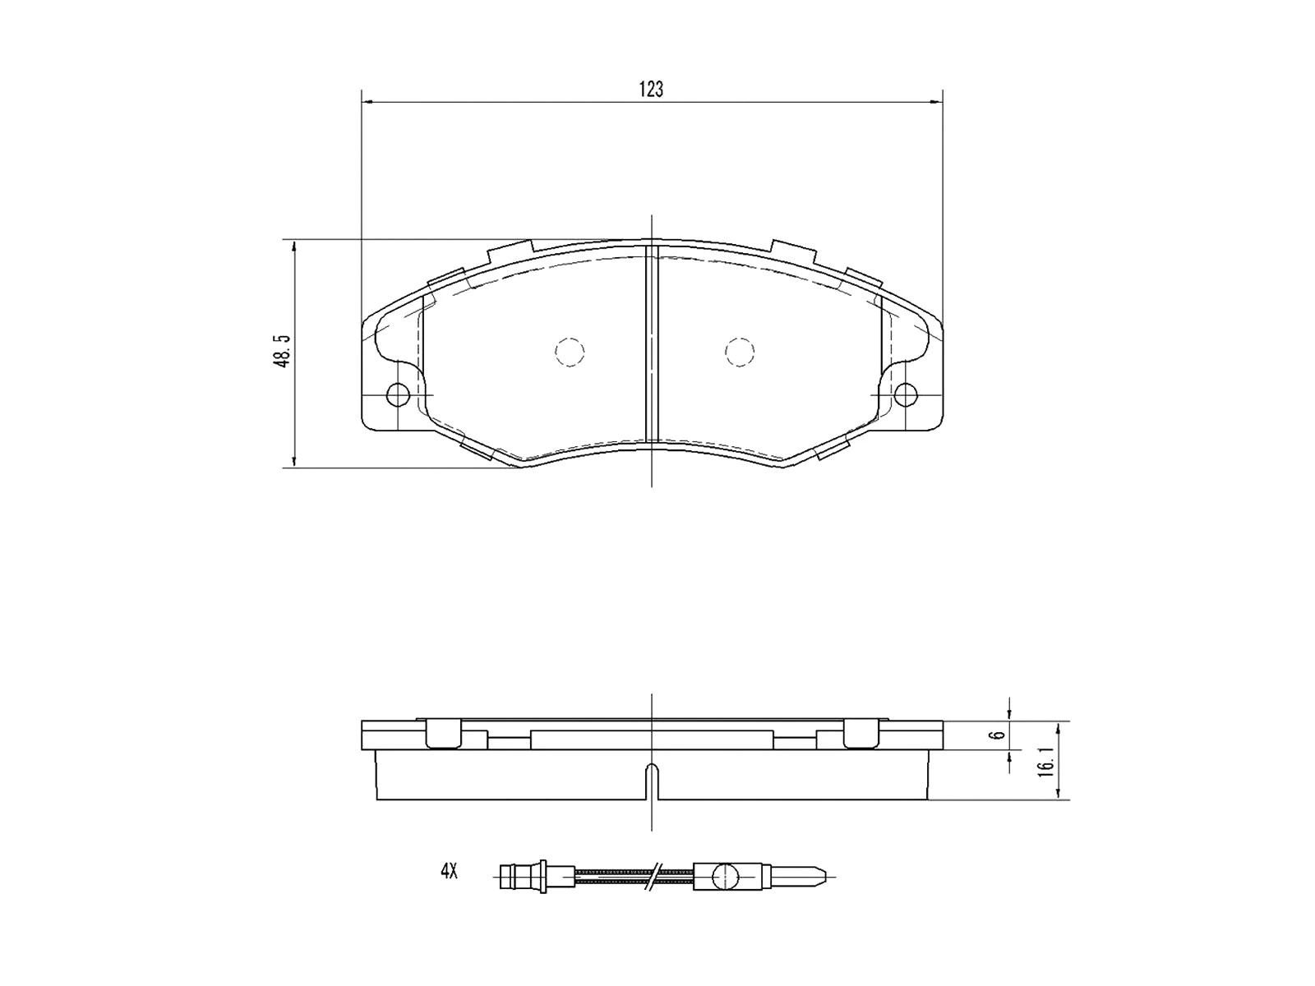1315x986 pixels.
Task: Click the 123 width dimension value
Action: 651,90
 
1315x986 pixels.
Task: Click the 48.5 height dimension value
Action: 283,352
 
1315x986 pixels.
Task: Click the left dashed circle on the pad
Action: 570,352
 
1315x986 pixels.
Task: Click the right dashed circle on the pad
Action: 740,352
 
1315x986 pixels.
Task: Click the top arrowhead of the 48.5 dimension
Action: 294,246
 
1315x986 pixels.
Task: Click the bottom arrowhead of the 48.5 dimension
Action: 294,463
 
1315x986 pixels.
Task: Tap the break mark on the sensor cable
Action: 654,876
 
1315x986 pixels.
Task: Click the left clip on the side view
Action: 444,734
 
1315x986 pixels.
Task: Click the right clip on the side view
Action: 861,734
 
